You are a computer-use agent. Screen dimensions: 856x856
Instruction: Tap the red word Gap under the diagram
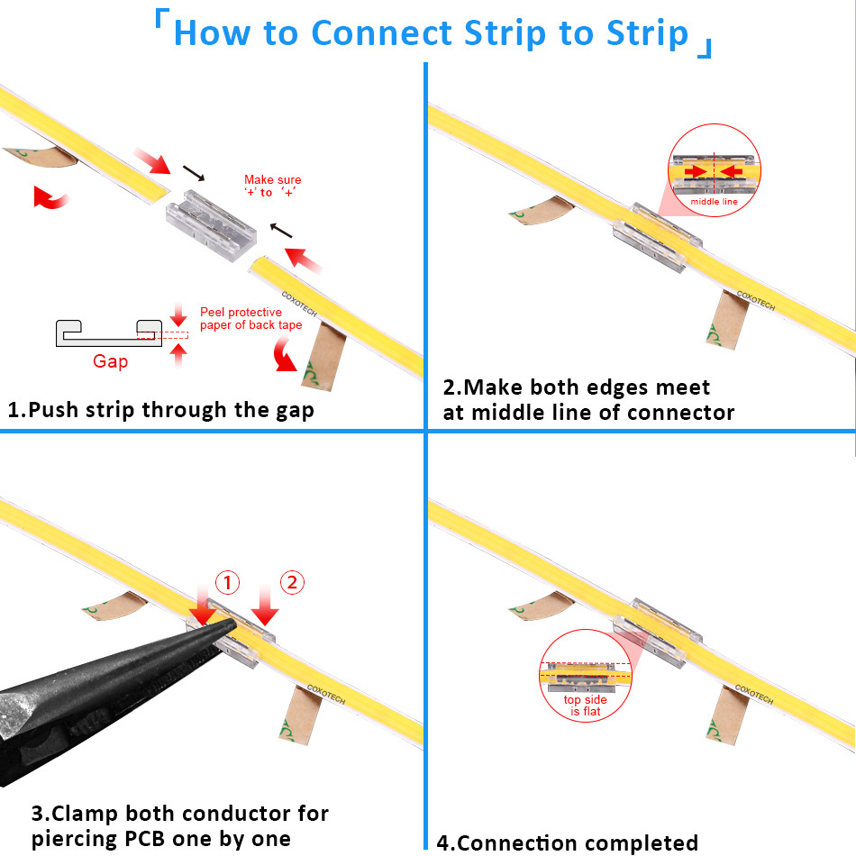tap(110, 361)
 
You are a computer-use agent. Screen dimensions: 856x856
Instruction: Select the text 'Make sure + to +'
tap(272, 187)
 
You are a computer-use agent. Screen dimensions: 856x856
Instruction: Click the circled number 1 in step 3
tap(227, 583)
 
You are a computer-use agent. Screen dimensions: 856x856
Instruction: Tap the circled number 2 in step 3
tap(291, 583)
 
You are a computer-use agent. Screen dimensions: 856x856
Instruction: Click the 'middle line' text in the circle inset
tap(714, 202)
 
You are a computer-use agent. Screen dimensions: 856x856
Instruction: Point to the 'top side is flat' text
tap(586, 706)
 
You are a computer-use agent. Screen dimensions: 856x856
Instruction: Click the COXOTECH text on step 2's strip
tap(755, 301)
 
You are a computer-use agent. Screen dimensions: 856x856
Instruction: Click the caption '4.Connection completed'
tap(568, 843)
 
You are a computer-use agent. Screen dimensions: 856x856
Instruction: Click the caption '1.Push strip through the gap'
tap(160, 410)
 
